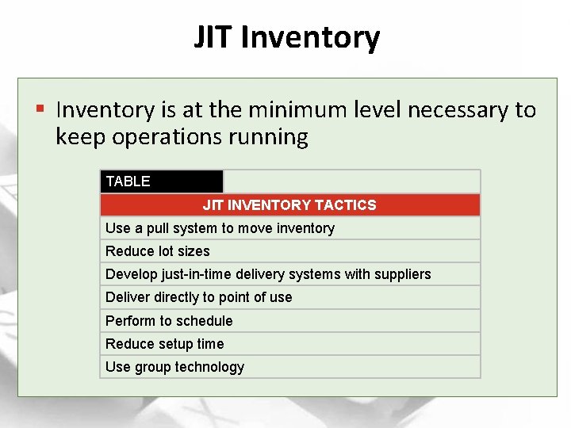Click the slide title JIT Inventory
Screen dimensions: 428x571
point(286,37)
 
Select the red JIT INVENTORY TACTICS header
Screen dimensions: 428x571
point(289,205)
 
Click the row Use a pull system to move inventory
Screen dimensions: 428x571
point(220,228)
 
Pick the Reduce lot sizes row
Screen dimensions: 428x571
point(158,251)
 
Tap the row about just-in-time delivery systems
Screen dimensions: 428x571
point(268,274)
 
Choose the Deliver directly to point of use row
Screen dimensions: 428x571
point(198,297)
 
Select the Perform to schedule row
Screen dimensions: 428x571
point(169,320)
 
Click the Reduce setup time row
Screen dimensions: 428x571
point(164,343)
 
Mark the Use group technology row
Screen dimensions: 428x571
point(174,367)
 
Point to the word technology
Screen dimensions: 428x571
point(209,367)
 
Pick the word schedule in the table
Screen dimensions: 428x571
point(204,320)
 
